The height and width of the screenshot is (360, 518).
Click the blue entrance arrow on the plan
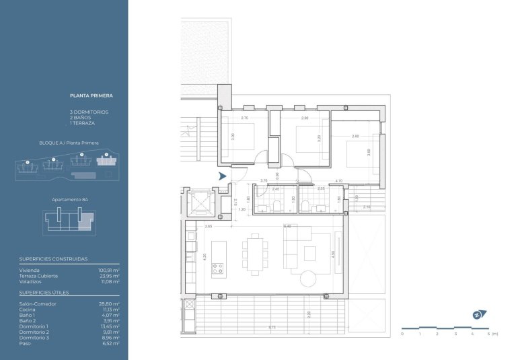click(x=223, y=176)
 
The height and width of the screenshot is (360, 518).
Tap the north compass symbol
click(x=477, y=314)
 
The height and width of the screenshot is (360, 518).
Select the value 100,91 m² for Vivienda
click(x=109, y=270)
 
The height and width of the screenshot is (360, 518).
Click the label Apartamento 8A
click(x=71, y=200)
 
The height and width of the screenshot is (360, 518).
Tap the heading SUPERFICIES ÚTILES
click(x=44, y=293)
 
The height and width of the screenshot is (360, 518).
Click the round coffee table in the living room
click(x=309, y=278)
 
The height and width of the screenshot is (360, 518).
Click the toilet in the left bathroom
click(x=294, y=200)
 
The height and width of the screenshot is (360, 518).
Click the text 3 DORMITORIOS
click(x=89, y=112)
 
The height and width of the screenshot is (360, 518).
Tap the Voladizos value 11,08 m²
click(x=109, y=281)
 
